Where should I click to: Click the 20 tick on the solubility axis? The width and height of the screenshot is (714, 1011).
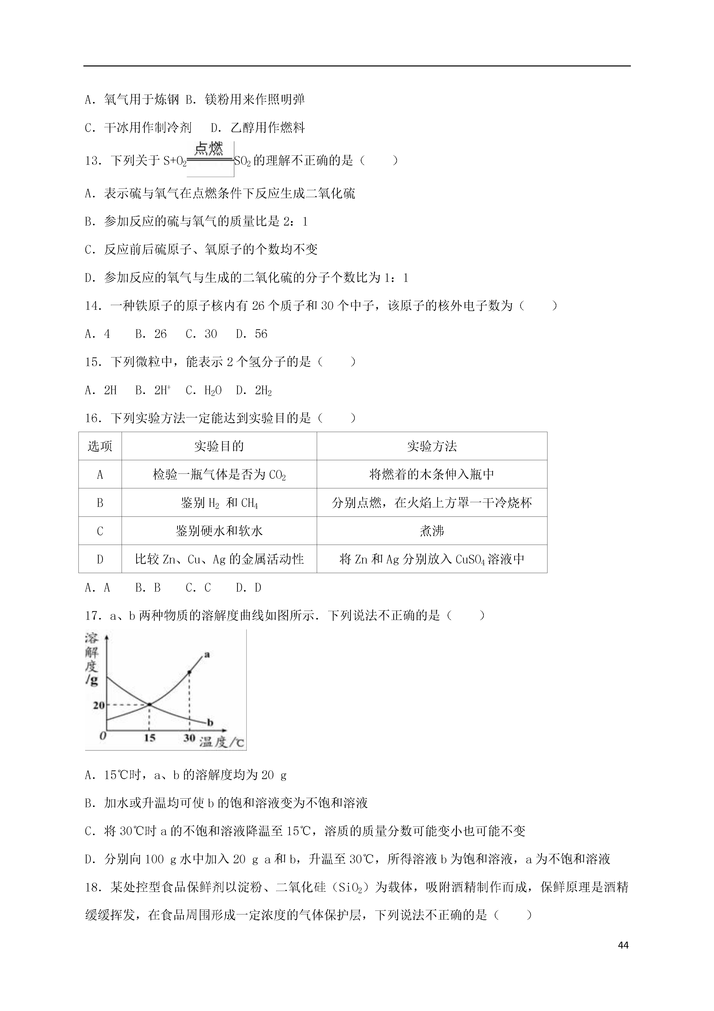(98, 705)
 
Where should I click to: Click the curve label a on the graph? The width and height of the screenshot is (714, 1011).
(207, 654)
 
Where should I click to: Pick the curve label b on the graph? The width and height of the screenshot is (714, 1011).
(210, 722)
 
